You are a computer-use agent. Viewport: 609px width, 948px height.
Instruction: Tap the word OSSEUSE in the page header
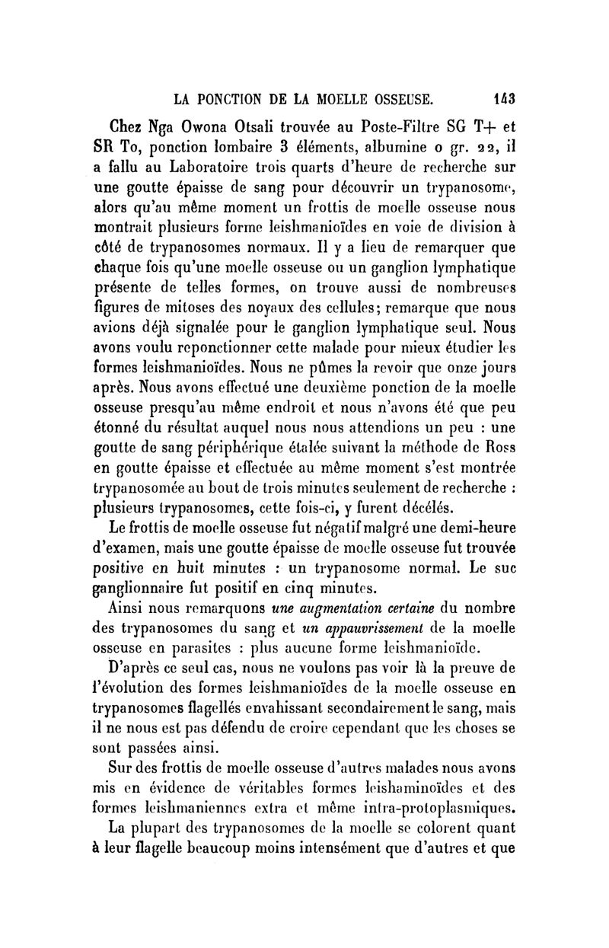click(x=393, y=98)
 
